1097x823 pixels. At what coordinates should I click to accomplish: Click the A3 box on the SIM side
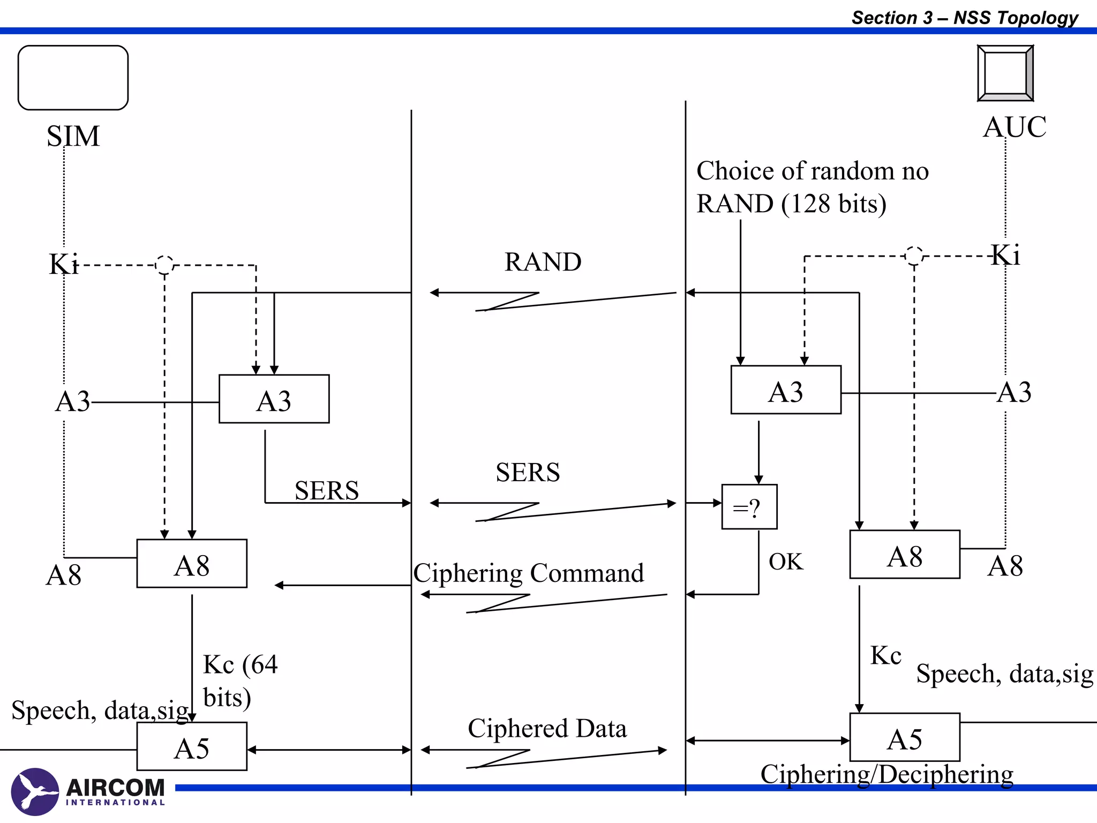pos(274,399)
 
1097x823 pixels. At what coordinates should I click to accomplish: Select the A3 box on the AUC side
pos(786,390)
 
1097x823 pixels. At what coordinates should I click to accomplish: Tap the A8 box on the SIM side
pos(192,564)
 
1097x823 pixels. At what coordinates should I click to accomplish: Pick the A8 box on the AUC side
pos(905,555)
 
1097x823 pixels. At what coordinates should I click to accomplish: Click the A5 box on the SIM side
pos(192,746)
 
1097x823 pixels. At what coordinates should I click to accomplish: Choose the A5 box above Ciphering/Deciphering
pos(905,737)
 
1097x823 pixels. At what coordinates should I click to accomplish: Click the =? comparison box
pos(749,507)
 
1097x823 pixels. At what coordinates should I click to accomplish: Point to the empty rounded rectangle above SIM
pos(73,78)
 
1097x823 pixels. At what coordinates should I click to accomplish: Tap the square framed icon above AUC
pos(1005,73)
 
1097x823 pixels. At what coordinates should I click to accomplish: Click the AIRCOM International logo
pos(88,792)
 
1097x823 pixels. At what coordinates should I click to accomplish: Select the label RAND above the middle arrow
pos(543,262)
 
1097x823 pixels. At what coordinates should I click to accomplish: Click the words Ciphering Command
pos(528,573)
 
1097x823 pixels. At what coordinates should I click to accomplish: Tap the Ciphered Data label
pos(547,728)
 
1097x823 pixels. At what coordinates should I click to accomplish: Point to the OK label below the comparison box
pos(786,562)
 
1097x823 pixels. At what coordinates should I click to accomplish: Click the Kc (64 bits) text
pos(240,680)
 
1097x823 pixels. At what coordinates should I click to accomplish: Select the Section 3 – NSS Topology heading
pos(965,18)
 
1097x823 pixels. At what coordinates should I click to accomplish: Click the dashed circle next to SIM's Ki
pos(164,265)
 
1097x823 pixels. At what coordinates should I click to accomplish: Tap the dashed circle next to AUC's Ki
pos(914,256)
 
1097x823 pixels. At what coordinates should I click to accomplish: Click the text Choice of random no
pos(812,171)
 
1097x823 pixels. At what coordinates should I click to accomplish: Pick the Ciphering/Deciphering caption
pos(886,774)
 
